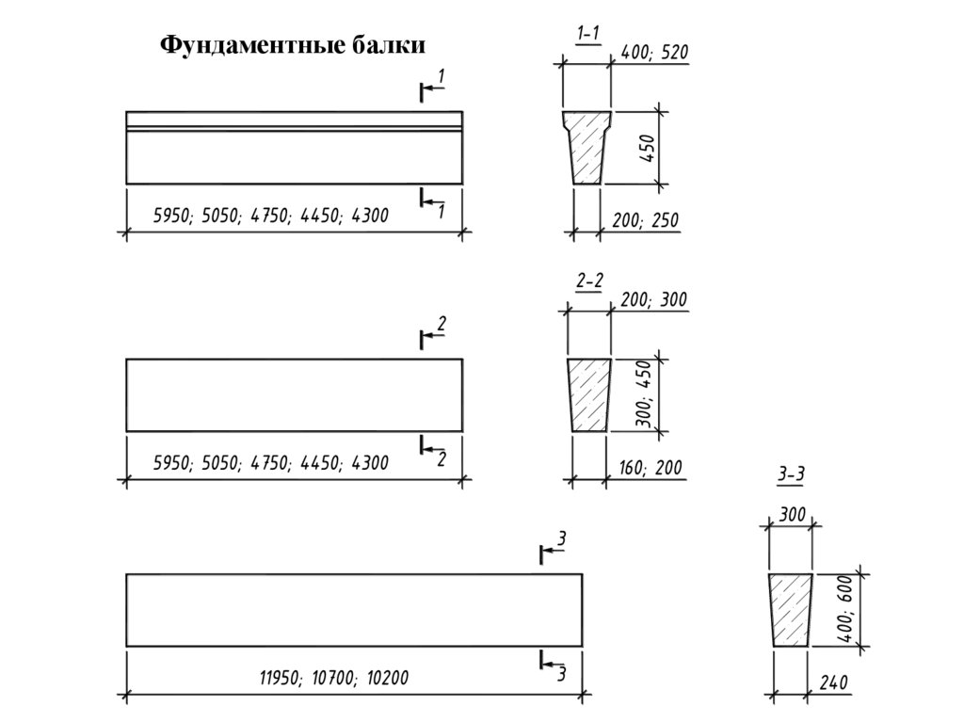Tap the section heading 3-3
tap(790, 476)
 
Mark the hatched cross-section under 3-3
tap(791, 610)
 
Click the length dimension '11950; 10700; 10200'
tap(334, 678)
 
